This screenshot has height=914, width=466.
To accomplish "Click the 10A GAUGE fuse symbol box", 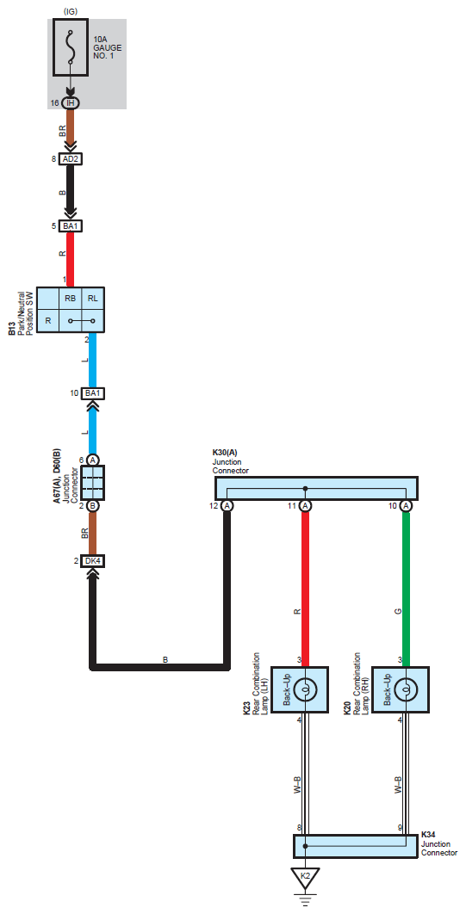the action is coord(71,47).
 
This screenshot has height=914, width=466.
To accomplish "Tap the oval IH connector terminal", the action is coord(71,103).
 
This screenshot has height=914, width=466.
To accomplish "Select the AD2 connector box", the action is coord(71,158).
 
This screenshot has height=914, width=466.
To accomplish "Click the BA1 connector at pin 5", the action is coord(71,226).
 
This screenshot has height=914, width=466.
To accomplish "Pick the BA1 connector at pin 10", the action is coord(92,393).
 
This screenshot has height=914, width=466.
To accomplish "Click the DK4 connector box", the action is coord(92,561).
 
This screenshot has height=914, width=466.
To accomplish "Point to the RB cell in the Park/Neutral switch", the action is coord(71,299).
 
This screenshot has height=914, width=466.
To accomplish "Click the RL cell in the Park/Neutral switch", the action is coord(93,299).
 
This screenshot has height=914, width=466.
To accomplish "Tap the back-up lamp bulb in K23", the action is coord(304,690).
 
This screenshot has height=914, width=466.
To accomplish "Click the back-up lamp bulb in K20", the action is coord(404,690).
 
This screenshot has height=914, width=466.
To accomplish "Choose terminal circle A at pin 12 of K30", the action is coord(227,505).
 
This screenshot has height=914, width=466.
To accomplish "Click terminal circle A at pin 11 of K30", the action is coord(305,505).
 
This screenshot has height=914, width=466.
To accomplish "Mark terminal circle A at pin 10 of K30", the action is coord(407,505).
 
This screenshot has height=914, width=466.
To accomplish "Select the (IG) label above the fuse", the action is coord(71,11).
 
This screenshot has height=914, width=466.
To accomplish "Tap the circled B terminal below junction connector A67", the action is coord(92,505).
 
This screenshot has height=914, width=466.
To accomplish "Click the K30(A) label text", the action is coord(225,453).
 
